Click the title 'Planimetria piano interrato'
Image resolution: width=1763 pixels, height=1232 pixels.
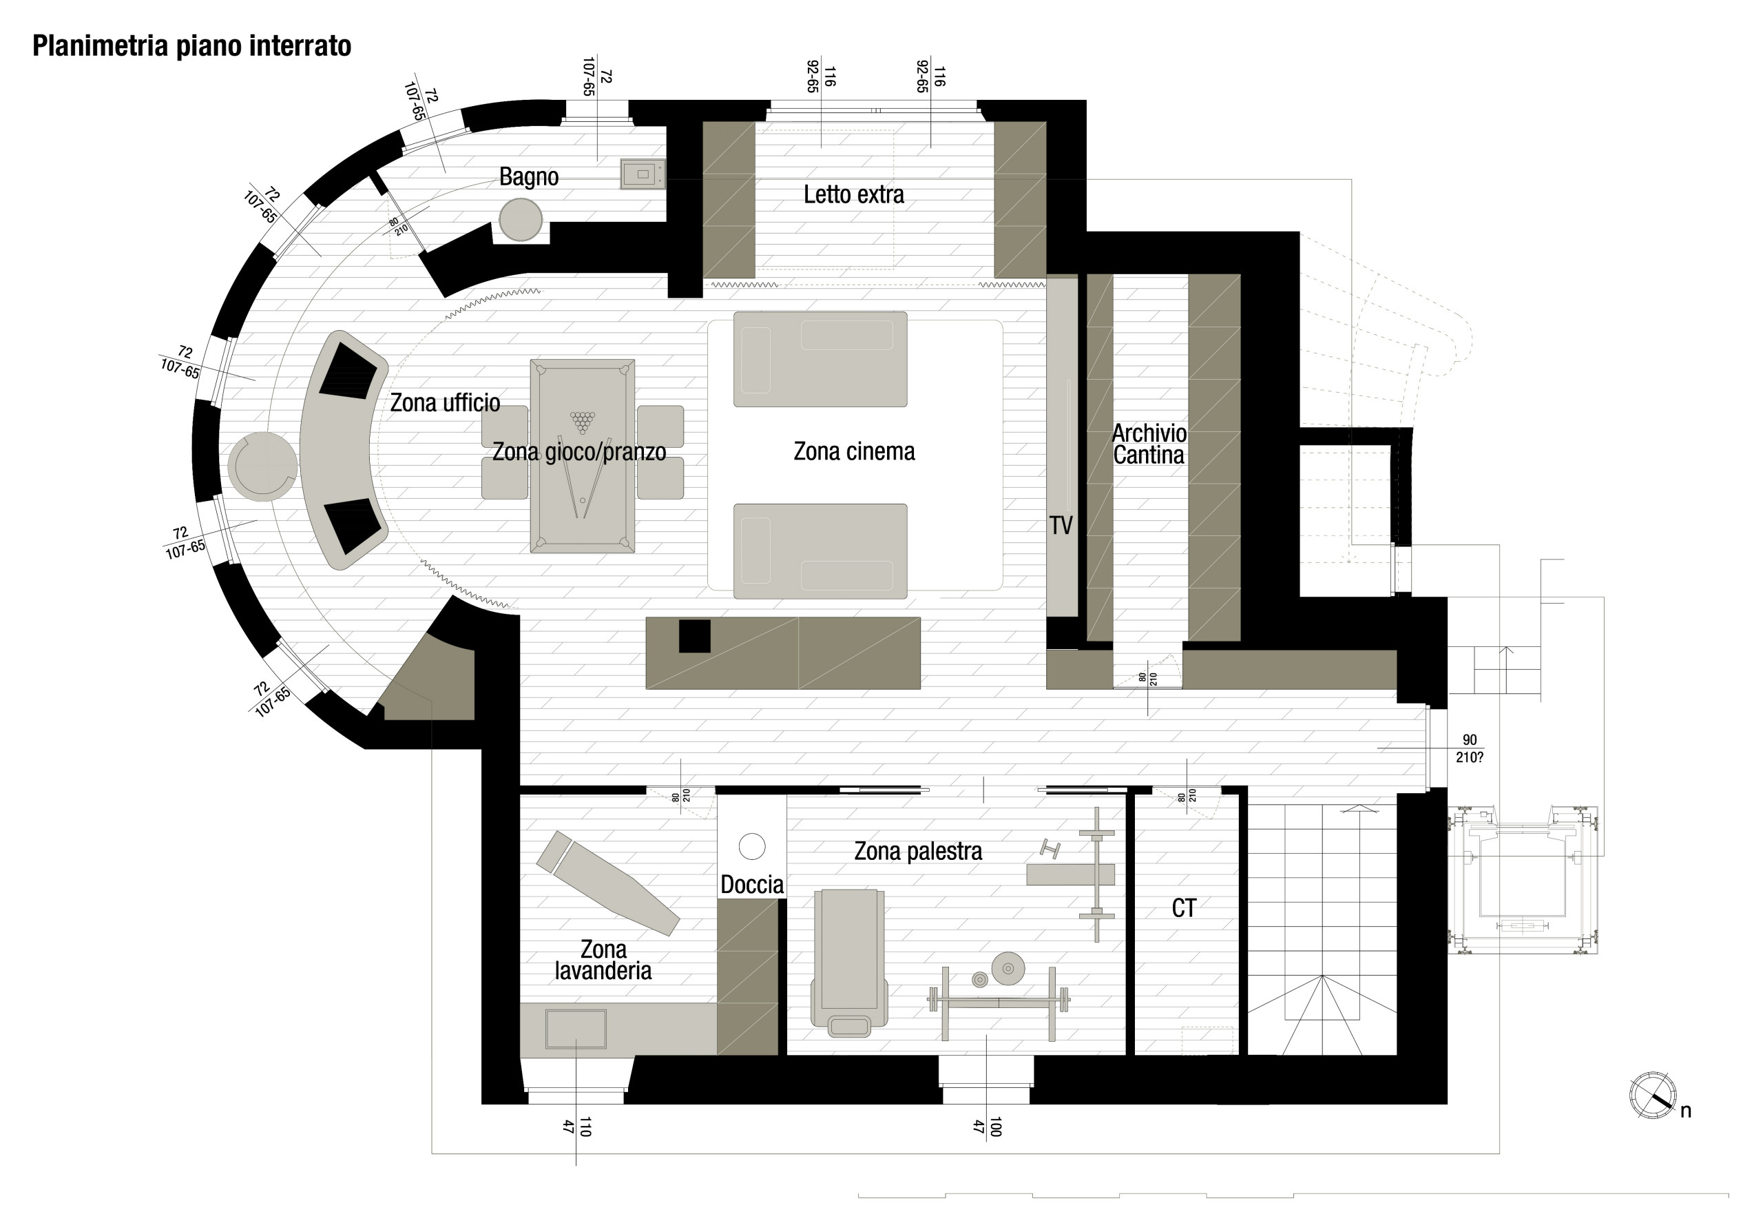pyautogui.click(x=192, y=46)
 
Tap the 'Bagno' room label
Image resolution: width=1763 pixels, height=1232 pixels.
pyautogui.click(x=528, y=176)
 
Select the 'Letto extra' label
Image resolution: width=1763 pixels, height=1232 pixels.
pyautogui.click(x=853, y=195)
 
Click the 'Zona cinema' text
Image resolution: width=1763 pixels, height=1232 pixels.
pyautogui.click(x=854, y=451)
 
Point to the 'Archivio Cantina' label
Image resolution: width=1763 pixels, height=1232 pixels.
pyautogui.click(x=1149, y=444)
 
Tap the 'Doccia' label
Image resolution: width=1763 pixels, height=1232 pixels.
pyautogui.click(x=752, y=885)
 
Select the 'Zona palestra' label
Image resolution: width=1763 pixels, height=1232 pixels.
pyautogui.click(x=917, y=851)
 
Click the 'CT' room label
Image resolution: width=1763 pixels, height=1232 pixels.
pyautogui.click(x=1183, y=909)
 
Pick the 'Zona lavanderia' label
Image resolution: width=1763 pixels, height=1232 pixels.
pyautogui.click(x=603, y=960)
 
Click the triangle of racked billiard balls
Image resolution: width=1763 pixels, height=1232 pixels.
pyautogui.click(x=582, y=422)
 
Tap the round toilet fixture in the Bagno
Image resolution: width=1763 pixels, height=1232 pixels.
pyautogui.click(x=521, y=220)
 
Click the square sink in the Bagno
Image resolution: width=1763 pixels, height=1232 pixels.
pyautogui.click(x=642, y=174)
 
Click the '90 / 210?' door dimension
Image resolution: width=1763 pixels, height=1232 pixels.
pyautogui.click(x=1468, y=748)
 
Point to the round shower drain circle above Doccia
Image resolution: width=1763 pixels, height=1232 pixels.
pyautogui.click(x=752, y=846)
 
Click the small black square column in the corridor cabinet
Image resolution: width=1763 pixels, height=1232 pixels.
pyautogui.click(x=694, y=636)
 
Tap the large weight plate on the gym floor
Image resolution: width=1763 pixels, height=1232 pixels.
pyautogui.click(x=1008, y=969)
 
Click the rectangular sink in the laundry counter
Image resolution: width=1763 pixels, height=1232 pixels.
pyautogui.click(x=575, y=1029)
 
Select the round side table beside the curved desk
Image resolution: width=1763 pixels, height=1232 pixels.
pyautogui.click(x=262, y=466)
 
